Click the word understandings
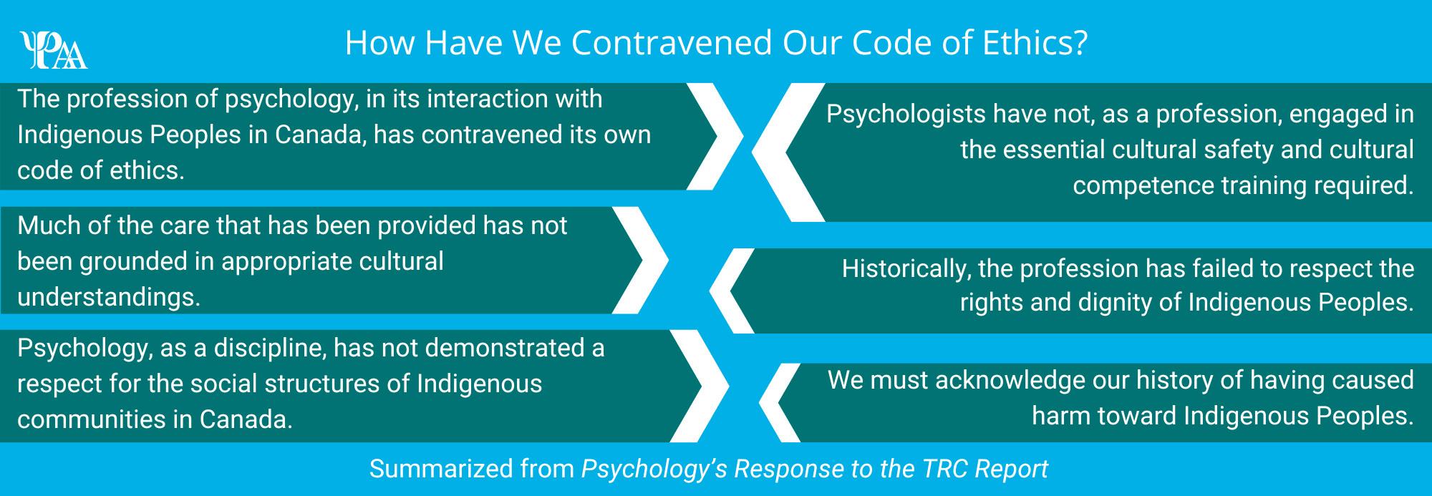click(x=107, y=297)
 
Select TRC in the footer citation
click(x=942, y=469)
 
